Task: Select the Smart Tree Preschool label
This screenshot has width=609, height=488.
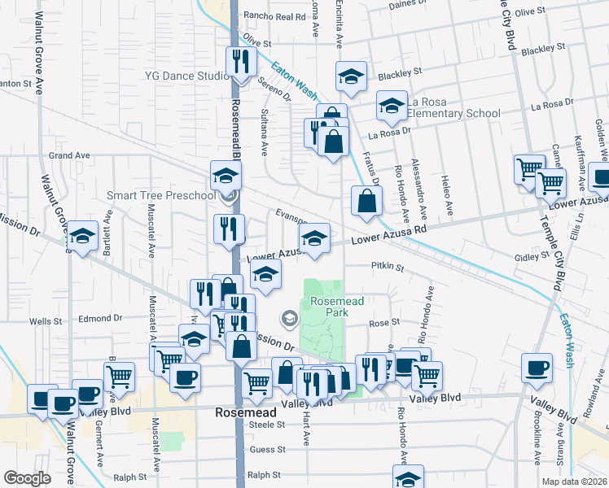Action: coord(162,195)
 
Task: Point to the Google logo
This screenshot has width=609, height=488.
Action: coord(28,477)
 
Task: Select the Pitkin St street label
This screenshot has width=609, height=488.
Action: coord(388,266)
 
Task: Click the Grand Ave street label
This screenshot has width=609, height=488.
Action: coord(69,155)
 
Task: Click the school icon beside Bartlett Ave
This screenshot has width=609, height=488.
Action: coord(81,236)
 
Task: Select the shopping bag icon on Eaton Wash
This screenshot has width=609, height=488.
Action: coord(367,200)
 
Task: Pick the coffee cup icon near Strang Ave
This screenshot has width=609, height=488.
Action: coord(537,368)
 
